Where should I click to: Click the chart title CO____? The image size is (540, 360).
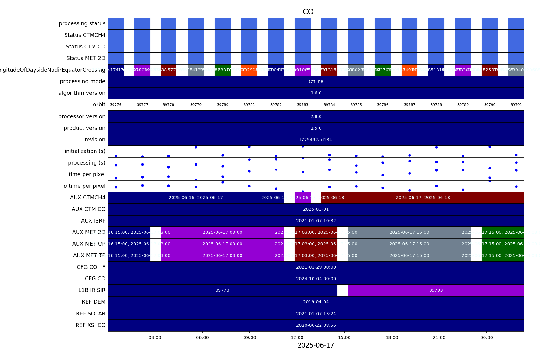(x=316, y=12)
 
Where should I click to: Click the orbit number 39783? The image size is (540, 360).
(x=302, y=105)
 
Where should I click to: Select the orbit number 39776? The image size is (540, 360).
(x=116, y=105)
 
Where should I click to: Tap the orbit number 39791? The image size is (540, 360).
(x=516, y=105)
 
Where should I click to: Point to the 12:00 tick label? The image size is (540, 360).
(x=297, y=337)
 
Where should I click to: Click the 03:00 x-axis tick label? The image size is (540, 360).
(x=155, y=337)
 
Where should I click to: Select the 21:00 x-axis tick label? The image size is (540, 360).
(x=439, y=337)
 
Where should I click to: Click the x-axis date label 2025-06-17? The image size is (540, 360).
(x=316, y=345)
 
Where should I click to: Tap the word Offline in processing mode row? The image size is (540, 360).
(x=316, y=81)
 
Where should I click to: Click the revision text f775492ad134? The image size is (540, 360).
(x=316, y=140)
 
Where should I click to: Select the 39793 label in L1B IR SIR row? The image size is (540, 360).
(x=436, y=290)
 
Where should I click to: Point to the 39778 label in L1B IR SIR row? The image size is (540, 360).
(x=222, y=290)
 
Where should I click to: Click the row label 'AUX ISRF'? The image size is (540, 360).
(x=93, y=221)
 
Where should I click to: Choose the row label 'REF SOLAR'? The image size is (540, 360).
(x=91, y=314)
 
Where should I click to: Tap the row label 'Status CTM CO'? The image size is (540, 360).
(x=85, y=47)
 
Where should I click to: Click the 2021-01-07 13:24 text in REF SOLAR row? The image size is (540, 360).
(x=316, y=314)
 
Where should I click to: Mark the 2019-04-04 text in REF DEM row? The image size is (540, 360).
(x=316, y=302)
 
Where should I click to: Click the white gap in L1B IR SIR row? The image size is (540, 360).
(x=342, y=290)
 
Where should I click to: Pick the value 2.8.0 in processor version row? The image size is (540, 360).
(x=316, y=116)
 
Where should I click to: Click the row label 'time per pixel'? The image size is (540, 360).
(x=87, y=174)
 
